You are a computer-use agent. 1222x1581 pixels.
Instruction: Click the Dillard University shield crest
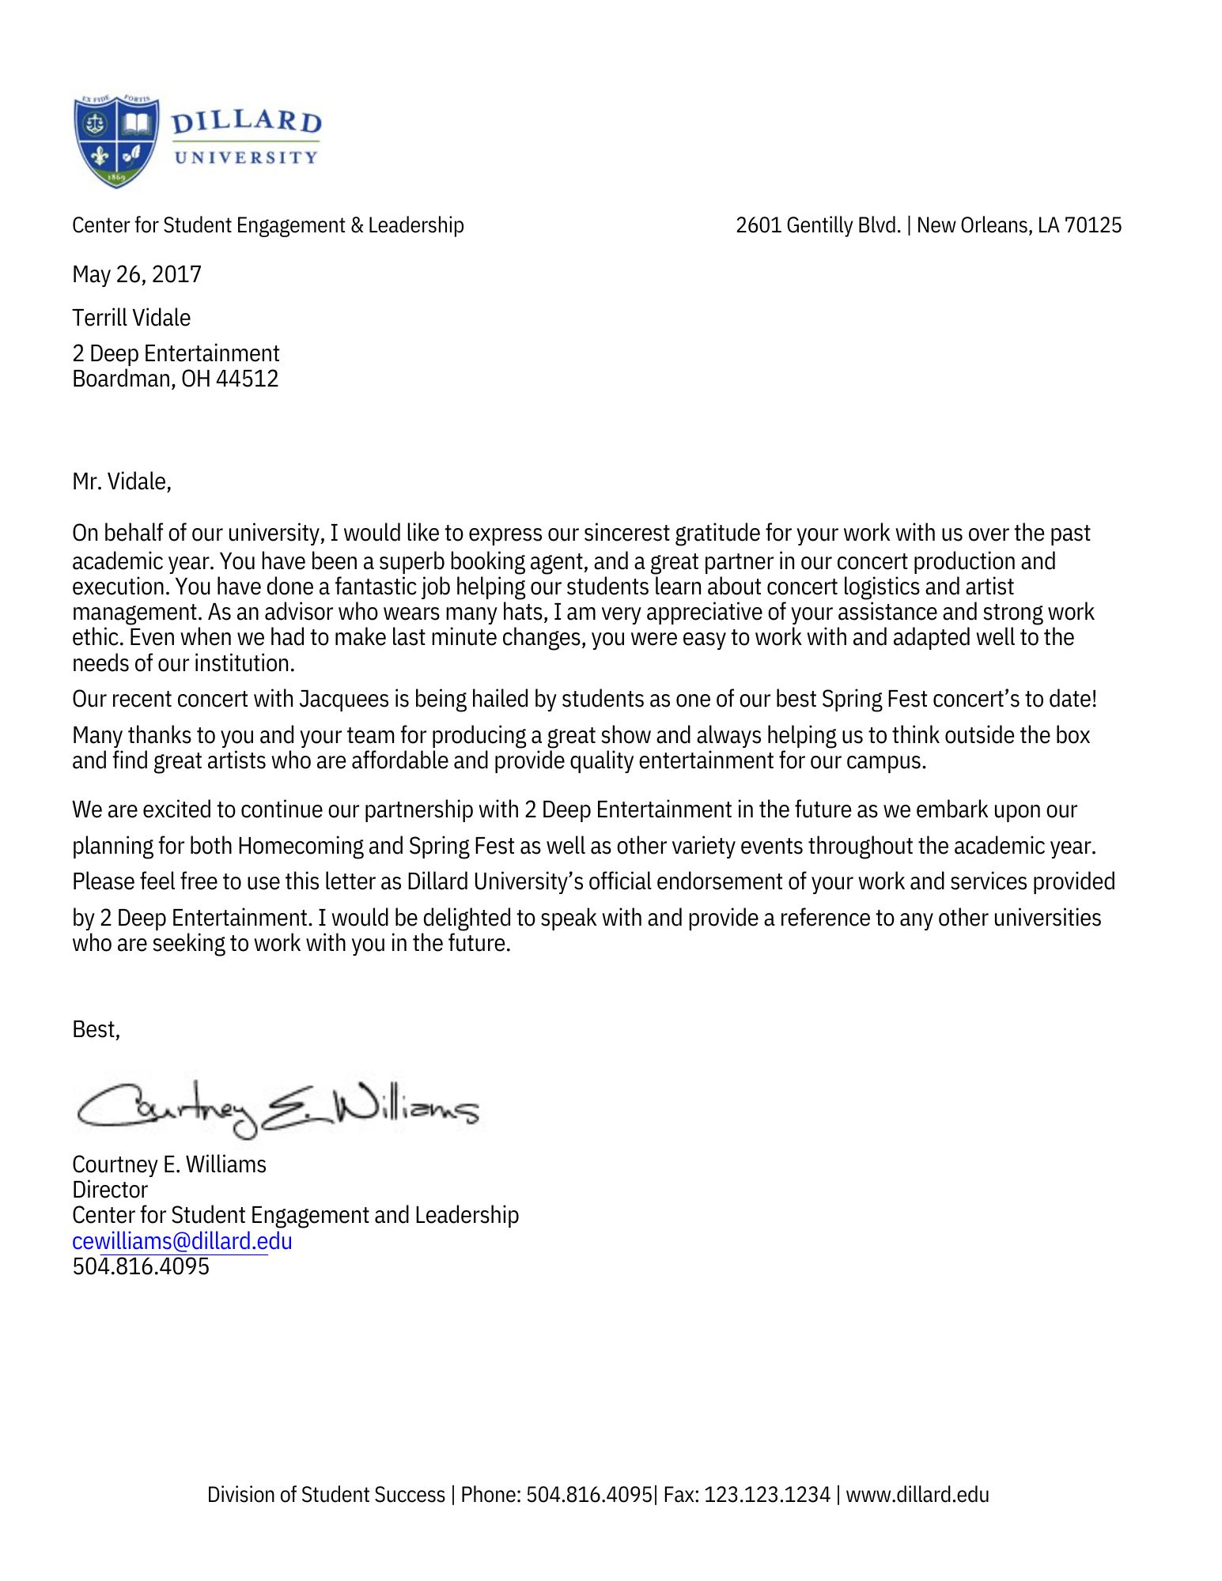click(116, 141)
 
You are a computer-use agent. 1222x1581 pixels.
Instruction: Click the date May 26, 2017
click(137, 274)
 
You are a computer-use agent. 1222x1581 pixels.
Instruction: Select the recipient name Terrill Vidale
click(131, 318)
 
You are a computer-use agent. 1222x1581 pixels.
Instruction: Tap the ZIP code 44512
click(247, 379)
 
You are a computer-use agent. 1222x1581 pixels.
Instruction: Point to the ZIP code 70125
click(1092, 225)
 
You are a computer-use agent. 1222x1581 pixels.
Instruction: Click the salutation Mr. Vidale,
click(122, 481)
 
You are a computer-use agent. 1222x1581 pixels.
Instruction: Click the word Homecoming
click(300, 847)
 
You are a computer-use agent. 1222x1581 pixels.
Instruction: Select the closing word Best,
click(96, 1029)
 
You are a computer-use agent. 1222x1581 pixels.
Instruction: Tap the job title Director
click(110, 1190)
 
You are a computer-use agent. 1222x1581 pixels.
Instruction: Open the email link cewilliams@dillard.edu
click(182, 1241)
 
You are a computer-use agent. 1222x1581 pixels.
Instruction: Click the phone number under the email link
click(141, 1267)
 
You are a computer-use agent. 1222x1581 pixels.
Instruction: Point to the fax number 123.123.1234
click(767, 1495)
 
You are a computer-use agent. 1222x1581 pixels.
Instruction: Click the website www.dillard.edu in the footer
click(917, 1495)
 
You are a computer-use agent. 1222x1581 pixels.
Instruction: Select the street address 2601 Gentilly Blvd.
click(818, 225)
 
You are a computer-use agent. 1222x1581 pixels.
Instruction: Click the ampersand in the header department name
click(357, 225)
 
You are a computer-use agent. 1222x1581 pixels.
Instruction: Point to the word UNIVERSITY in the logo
click(245, 157)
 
